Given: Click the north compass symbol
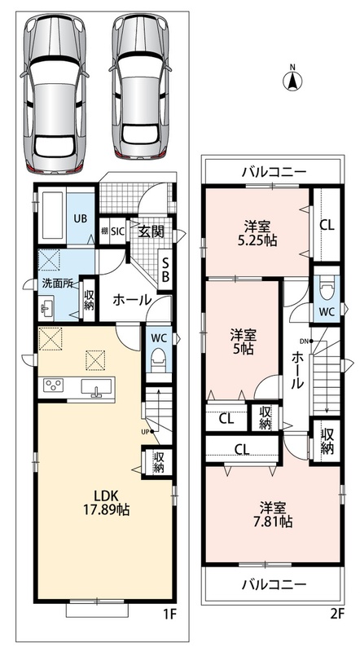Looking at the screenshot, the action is click(292, 79).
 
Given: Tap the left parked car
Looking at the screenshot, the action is click(55, 93).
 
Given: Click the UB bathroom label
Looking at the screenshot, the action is click(81, 218).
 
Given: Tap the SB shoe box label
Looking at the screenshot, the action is click(165, 270).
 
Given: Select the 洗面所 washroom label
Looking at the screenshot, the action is click(57, 284).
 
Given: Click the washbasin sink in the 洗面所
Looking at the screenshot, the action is click(46, 308).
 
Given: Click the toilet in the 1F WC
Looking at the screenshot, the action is click(159, 359).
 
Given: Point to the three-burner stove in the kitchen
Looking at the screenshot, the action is click(52, 385).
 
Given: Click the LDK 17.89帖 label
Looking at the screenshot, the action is click(107, 502).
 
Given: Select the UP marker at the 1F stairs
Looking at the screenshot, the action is click(145, 432).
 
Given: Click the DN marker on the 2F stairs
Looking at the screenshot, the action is click(303, 341).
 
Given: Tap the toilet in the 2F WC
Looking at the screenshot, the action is click(327, 289).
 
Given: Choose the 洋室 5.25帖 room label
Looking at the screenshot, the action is click(257, 234).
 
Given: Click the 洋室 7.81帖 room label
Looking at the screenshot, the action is click(272, 514).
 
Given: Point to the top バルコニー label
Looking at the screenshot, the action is click(274, 171).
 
